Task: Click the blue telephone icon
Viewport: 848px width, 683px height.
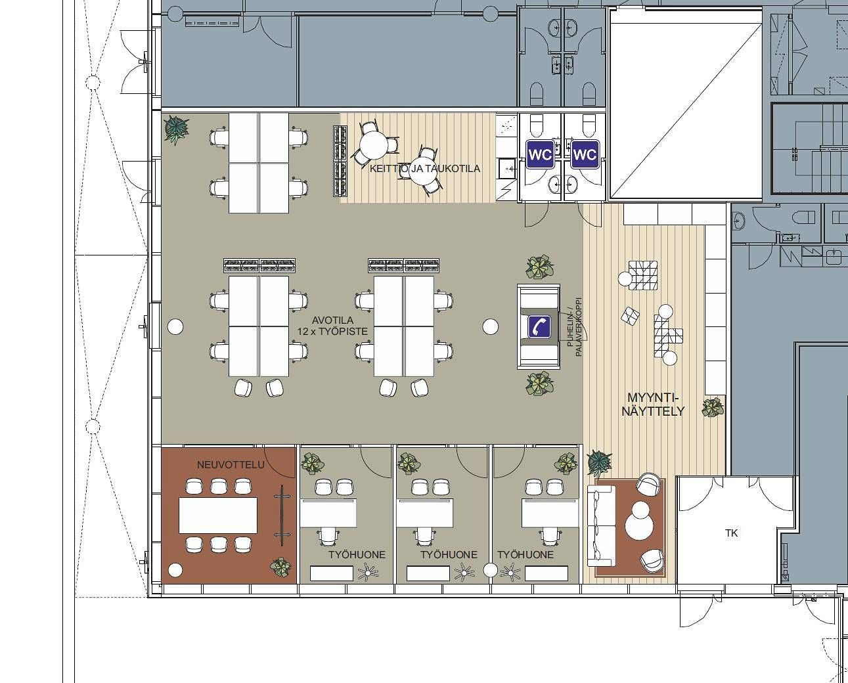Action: (x=539, y=326)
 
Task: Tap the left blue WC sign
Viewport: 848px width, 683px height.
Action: (x=540, y=154)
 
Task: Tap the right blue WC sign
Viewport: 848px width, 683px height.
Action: (x=585, y=154)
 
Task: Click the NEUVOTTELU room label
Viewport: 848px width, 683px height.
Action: (x=231, y=465)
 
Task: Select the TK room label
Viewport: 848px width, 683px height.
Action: (x=731, y=533)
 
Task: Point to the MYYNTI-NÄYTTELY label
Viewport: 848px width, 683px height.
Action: (x=653, y=405)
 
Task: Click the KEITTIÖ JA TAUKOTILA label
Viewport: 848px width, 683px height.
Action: (x=425, y=169)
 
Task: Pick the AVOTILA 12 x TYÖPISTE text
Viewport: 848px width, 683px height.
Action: (x=332, y=326)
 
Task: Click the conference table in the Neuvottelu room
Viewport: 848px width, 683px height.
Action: (x=218, y=515)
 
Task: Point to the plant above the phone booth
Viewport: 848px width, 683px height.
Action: (x=540, y=267)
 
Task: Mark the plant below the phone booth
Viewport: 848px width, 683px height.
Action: (x=540, y=384)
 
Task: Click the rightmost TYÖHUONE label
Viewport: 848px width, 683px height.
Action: (x=525, y=555)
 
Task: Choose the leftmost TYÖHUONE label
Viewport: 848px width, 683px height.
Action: (x=357, y=555)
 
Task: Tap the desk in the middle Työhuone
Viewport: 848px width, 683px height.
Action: (x=424, y=513)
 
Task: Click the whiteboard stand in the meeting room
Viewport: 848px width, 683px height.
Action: (x=282, y=515)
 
